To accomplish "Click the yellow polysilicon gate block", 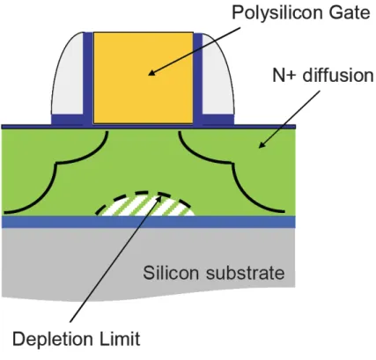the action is (x=144, y=77).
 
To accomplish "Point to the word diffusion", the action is (x=338, y=75).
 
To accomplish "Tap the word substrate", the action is (x=245, y=273).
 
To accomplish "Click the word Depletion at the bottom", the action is (x=52, y=341).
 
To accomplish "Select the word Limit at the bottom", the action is (x=119, y=338).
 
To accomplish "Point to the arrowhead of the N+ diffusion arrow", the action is (x=261, y=144).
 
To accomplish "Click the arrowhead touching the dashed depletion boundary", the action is (x=159, y=197).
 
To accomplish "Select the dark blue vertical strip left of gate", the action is (x=88, y=78).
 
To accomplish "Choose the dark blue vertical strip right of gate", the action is (x=198, y=78).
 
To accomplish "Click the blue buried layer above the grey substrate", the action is (x=148, y=222).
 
